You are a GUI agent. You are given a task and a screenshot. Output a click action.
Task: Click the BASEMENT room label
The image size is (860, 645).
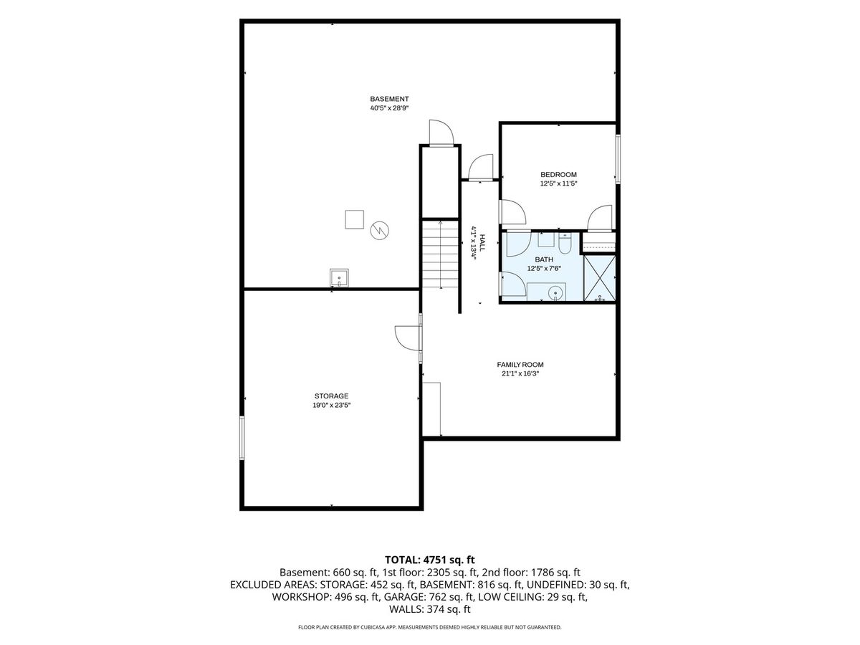coord(389,99)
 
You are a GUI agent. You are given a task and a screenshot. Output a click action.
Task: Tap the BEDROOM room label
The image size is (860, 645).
coord(558,175)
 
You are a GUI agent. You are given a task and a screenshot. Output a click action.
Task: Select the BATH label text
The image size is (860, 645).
coord(544,259)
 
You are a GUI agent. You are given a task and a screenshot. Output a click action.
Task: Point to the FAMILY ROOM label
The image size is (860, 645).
coord(520,365)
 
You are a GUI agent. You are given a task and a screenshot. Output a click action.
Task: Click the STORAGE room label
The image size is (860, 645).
coord(331,396)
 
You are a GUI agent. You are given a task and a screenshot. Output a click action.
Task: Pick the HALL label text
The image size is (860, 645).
coord(482,243)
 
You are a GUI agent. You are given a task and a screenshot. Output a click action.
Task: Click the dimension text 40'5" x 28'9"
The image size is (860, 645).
coord(389,108)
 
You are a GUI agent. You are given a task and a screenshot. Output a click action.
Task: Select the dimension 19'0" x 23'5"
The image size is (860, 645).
coord(331,406)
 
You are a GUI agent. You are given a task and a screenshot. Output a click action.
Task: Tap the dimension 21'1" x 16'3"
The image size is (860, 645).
coord(520,374)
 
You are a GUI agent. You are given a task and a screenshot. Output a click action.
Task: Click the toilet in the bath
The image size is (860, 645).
coord(565,244)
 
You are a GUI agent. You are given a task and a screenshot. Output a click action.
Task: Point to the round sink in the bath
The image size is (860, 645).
coord(555,292)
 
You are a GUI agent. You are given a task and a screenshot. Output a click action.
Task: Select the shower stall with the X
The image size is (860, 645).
coord(599,279)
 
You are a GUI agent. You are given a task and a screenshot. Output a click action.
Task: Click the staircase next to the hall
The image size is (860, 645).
coord(440,254)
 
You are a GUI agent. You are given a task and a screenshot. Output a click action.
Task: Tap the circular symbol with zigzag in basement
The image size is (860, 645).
coord(379,231)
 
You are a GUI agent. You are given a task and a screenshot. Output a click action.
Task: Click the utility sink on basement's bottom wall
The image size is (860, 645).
coord(339,278)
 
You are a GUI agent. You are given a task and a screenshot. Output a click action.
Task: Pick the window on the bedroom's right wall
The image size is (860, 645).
coord(618,159)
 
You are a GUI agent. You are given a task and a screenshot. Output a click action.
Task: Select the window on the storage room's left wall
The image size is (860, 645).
coord(242,438)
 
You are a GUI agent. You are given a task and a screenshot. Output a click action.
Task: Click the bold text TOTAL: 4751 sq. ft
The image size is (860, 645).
coord(430,560)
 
